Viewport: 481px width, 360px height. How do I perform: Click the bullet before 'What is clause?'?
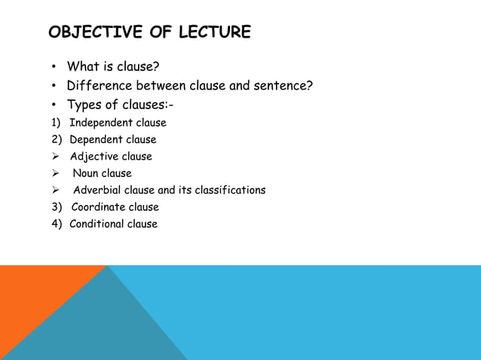click(x=55, y=67)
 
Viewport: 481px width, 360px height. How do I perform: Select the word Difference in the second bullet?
click(x=96, y=86)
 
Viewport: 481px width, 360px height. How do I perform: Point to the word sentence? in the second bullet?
click(x=285, y=86)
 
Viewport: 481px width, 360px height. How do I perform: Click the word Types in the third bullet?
click(x=84, y=105)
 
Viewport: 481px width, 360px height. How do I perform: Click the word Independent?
click(x=102, y=123)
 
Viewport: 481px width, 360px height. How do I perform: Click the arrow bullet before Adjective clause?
click(x=56, y=157)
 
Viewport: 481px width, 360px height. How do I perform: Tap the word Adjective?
click(x=94, y=157)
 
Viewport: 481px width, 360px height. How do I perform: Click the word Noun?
click(x=86, y=173)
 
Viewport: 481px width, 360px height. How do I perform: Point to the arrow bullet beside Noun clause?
click(x=56, y=173)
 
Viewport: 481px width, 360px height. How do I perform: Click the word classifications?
click(x=230, y=190)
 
